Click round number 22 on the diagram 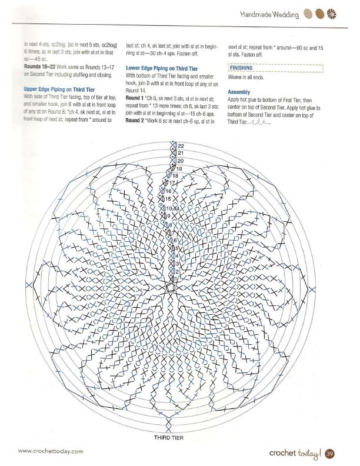[181, 145]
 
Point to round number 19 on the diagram [181, 168]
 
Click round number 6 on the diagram [175, 241]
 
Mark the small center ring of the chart [170, 288]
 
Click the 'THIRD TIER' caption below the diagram [170, 437]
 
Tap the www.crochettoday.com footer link [51, 451]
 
